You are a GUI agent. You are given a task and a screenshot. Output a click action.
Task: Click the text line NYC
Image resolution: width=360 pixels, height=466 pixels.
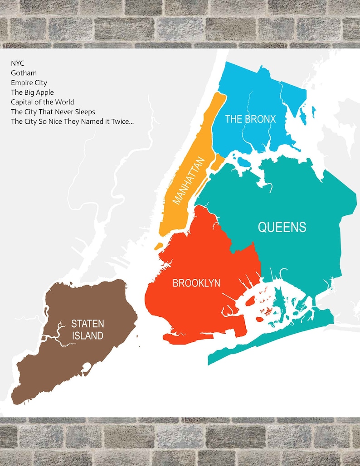(18, 63)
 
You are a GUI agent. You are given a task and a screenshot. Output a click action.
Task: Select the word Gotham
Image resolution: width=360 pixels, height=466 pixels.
(24, 73)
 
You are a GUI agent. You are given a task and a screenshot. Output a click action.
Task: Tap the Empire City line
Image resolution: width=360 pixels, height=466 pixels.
(29, 83)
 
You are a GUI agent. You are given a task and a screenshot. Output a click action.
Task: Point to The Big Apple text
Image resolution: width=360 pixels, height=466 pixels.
(32, 92)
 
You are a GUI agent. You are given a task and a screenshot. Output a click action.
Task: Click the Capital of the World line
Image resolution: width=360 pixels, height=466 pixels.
(43, 102)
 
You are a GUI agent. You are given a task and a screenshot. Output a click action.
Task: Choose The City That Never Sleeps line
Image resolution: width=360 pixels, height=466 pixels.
(53, 112)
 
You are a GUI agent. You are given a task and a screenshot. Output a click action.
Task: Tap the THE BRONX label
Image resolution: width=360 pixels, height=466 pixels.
(250, 119)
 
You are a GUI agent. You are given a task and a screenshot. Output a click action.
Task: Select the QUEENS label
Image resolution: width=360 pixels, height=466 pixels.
(282, 227)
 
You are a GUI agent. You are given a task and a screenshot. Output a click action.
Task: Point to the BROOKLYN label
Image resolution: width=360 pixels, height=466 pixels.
(196, 283)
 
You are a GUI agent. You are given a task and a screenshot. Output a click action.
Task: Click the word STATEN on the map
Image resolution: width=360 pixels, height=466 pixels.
(88, 324)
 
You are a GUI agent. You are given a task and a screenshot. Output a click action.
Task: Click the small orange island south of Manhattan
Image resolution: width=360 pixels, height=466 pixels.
(158, 246)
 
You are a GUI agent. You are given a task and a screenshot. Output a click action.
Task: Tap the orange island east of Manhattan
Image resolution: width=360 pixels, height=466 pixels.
(218, 161)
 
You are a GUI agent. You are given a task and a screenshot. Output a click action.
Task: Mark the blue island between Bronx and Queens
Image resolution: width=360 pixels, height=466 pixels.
(244, 162)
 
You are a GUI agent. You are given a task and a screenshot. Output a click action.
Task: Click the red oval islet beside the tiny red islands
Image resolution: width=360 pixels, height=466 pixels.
(260, 319)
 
